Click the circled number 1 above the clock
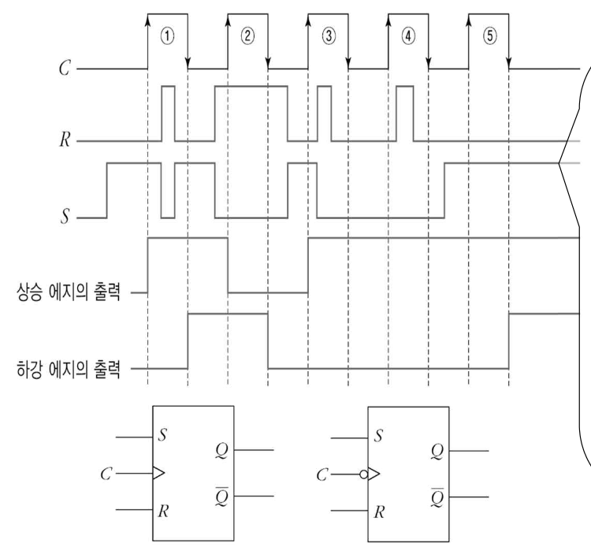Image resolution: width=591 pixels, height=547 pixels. click(x=167, y=36)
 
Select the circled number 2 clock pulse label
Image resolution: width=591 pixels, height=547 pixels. click(x=247, y=36)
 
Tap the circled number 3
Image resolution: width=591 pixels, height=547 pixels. click(x=328, y=36)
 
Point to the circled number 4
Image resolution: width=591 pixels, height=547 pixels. click(x=408, y=36)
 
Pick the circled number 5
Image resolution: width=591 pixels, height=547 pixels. click(x=489, y=36)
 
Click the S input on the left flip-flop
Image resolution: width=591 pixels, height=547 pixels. click(x=162, y=436)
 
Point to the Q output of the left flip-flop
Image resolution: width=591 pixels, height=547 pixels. click(x=221, y=450)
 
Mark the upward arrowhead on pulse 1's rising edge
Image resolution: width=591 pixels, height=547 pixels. click(x=148, y=20)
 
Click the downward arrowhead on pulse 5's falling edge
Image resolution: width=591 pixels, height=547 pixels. click(x=509, y=61)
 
